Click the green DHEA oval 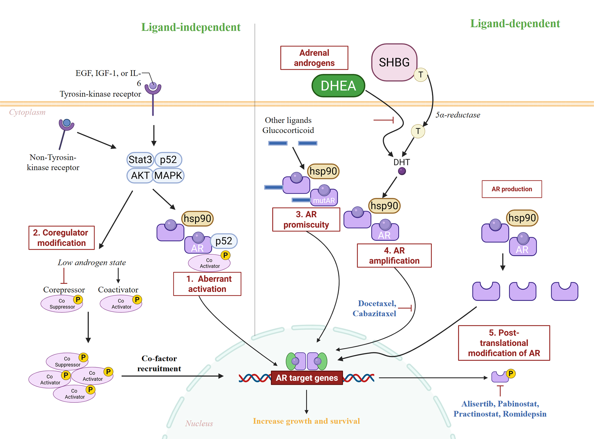(x=338, y=86)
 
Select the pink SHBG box (x=394, y=62)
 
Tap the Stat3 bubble (x=140, y=160)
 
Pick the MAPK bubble (x=168, y=176)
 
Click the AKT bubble (x=140, y=176)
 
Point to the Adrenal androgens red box (x=314, y=58)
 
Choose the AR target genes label (x=307, y=378)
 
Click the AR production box (x=511, y=189)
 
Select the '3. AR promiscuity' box (x=306, y=219)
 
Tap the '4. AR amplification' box (x=394, y=256)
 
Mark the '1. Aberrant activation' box (x=207, y=284)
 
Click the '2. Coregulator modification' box (x=61, y=238)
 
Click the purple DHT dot (x=402, y=171)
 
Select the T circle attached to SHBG (x=421, y=75)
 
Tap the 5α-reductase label (x=458, y=115)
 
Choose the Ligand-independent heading (x=191, y=27)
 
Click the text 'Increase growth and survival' (x=306, y=421)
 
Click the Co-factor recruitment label (x=159, y=364)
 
